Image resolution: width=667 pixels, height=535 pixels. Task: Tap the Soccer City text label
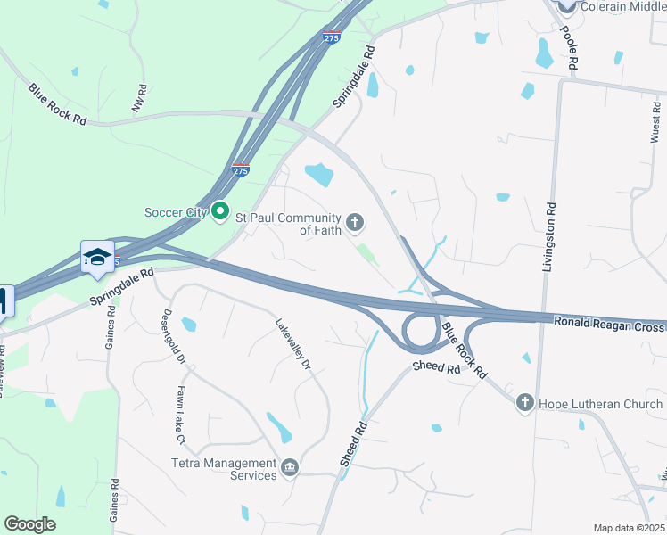coord(177,212)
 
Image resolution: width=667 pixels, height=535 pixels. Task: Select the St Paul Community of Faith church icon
coord(356,221)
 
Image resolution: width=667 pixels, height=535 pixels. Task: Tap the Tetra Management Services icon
coord(290,469)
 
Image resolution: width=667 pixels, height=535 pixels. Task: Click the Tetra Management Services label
coord(224,469)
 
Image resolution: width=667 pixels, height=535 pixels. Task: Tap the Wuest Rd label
coord(655,128)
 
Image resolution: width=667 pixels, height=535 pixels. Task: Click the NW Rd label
coord(139,98)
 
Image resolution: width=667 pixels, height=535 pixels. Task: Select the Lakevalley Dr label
coord(292,345)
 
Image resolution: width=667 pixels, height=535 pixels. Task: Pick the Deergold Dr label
coord(173,337)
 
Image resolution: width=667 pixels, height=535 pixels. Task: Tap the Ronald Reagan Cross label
coord(608,325)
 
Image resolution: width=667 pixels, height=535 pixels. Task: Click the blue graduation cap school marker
coord(98,258)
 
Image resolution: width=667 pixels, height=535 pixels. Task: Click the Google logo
coord(29,524)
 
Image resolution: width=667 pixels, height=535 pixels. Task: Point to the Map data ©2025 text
coord(629,528)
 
